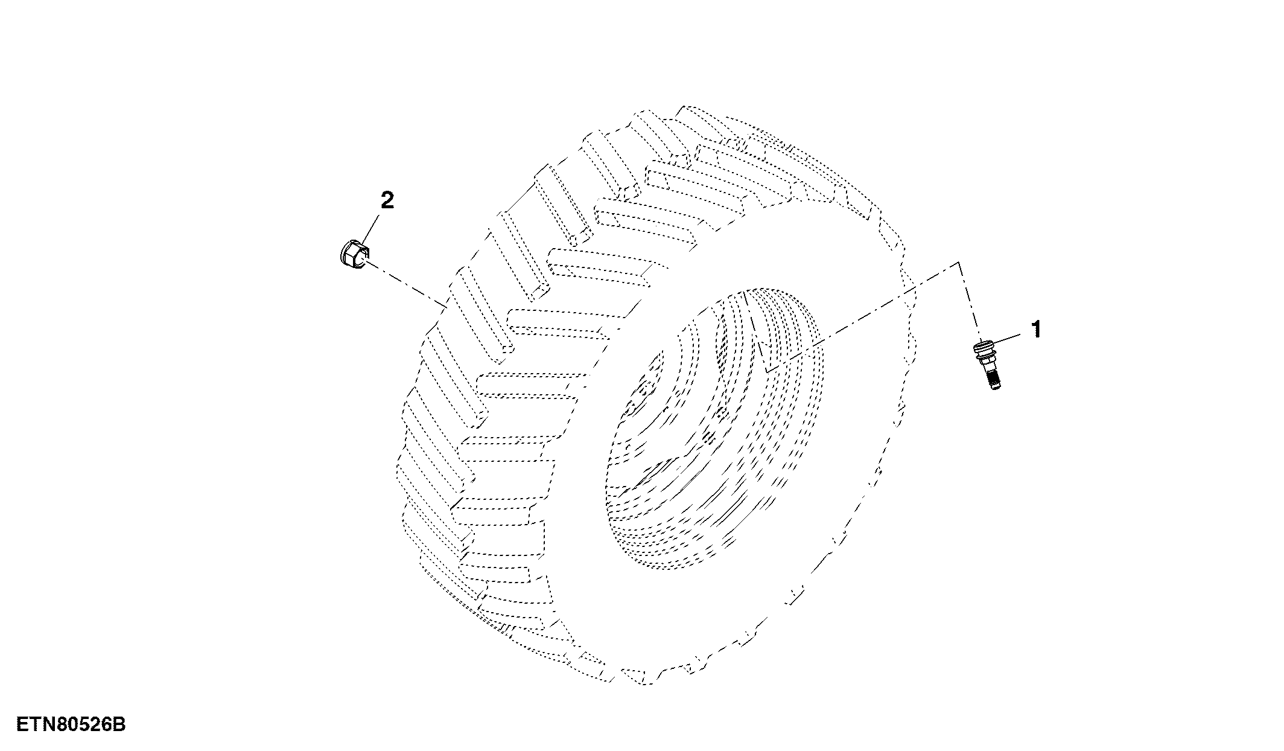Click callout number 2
point(386,200)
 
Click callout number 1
point(1036,329)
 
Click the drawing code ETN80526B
point(71,724)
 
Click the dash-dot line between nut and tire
point(407,285)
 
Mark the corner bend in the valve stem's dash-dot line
point(958,263)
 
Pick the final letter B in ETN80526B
point(120,724)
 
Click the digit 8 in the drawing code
point(61,724)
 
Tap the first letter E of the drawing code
point(22,724)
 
